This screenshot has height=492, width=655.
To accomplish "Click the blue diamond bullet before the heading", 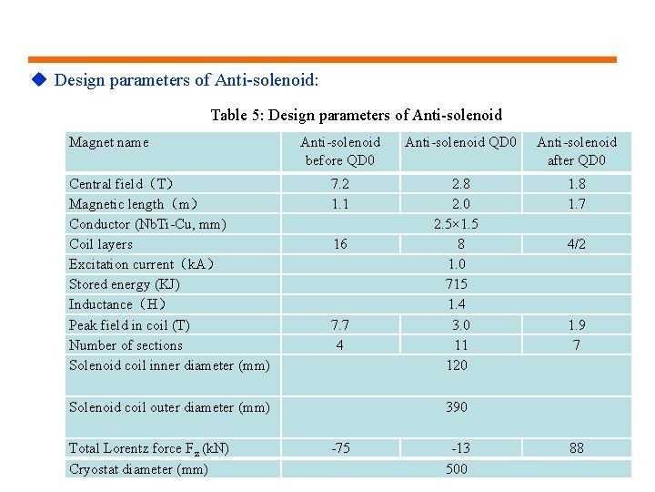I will click(38, 80).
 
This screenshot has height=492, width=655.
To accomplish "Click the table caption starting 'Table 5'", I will click(356, 115).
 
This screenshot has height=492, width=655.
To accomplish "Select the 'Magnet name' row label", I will click(109, 142).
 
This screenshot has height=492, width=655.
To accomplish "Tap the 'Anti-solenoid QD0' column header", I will click(460, 142).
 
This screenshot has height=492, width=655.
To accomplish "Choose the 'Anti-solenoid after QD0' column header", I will click(576, 151).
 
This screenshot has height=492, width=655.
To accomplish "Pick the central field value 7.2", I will click(339, 184).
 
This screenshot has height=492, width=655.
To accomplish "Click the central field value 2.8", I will click(460, 184).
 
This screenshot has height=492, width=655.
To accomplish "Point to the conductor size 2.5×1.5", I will click(457, 224).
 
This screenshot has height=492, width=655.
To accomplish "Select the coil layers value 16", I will click(339, 244).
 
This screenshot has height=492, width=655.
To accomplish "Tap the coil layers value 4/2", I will click(576, 244).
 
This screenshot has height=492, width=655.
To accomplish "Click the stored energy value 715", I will click(457, 284).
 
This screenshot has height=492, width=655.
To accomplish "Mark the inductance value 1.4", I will click(457, 304).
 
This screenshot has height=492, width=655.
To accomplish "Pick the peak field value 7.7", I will click(339, 325).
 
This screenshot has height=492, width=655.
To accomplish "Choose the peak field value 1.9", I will click(576, 325).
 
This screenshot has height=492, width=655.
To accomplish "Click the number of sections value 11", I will click(460, 345).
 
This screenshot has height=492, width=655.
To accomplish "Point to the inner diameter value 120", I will click(457, 365).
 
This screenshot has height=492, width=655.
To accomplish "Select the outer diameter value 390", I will click(457, 407).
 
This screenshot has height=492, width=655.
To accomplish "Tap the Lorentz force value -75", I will click(340, 448).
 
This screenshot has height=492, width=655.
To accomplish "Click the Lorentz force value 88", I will click(576, 448).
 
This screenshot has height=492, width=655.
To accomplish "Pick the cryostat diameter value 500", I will click(457, 469).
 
